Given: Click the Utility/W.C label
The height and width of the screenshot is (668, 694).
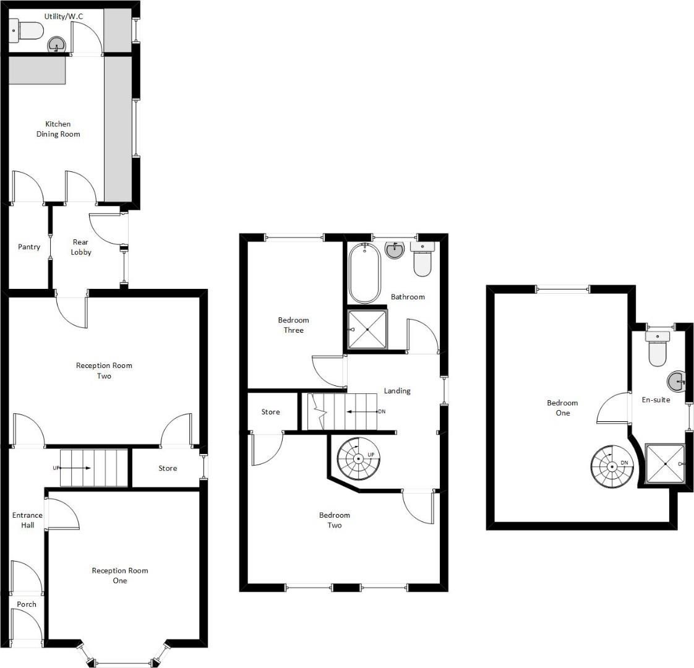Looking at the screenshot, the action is coord(63,16).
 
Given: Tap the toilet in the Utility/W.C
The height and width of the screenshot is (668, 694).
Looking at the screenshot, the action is coord(27,31).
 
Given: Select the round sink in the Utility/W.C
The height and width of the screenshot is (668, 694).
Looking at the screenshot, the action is coord(57,45).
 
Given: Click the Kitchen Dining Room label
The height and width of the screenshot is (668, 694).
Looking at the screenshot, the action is coord(58,129).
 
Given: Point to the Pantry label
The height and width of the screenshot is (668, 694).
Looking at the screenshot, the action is coord(29,247).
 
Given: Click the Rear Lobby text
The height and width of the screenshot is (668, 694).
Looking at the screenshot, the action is coord(81,247).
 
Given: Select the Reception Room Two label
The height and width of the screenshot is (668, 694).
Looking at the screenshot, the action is coord(104,370).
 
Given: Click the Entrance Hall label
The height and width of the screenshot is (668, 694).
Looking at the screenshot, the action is coord(27,520).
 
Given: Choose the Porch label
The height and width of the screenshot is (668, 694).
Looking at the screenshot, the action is coord(27,604).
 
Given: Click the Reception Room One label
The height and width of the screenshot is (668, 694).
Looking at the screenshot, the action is coord(120,575).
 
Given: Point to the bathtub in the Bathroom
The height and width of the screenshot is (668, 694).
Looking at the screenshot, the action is coord(365,273).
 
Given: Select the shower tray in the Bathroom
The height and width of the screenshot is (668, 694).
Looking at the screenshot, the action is coord(367,330).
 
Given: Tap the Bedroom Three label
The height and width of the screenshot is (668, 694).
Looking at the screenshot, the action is coord(293,325).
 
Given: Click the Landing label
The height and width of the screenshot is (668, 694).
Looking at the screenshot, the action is coord(397,390).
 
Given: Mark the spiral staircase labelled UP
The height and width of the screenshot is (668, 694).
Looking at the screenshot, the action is coord(359,458).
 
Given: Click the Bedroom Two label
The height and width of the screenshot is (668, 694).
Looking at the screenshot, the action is coord(335,520).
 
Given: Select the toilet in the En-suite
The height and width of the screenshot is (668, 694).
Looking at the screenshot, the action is coord(658,349).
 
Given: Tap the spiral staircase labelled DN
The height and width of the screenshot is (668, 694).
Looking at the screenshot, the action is coord(612,466).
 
